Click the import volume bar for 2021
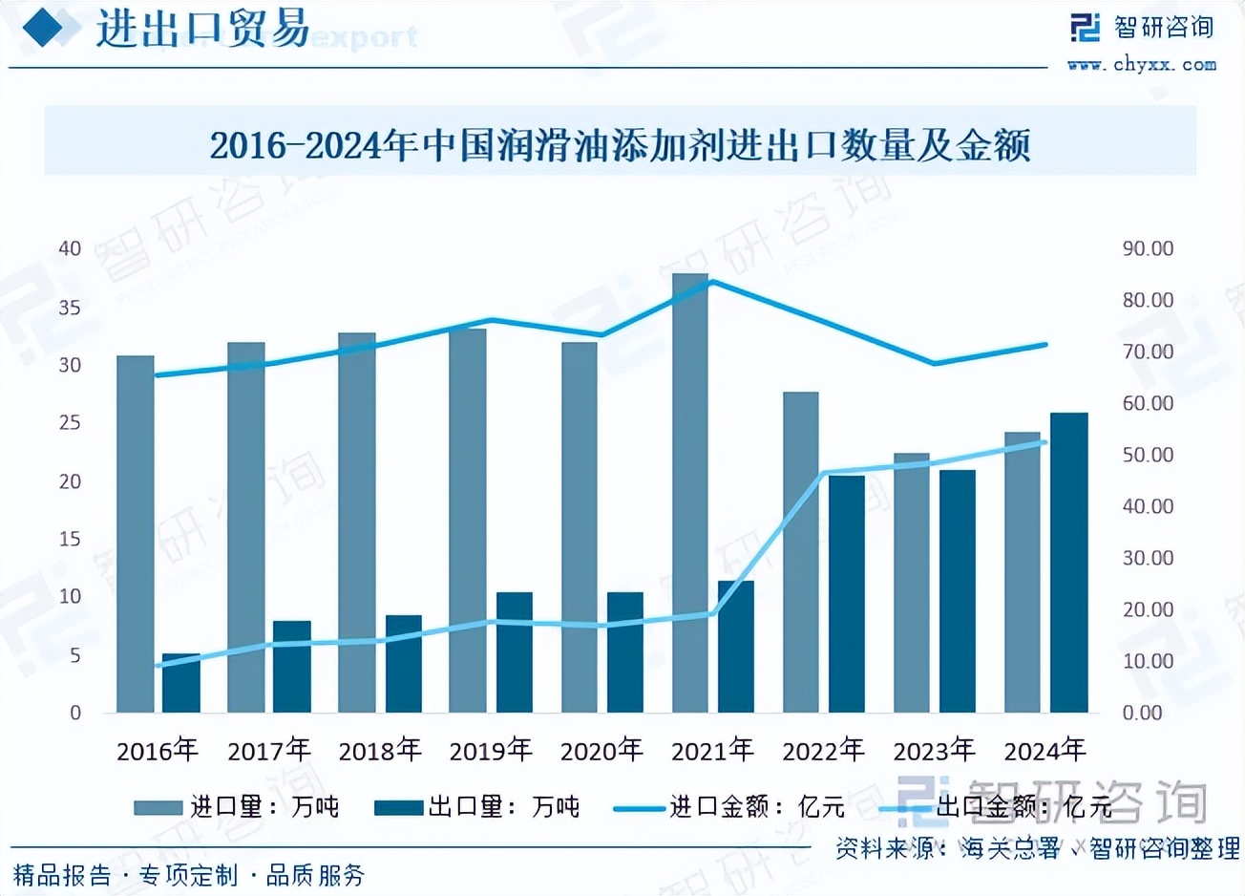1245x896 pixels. click(689, 497)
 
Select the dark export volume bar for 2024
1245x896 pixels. click(1068, 564)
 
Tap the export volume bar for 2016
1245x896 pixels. click(181, 684)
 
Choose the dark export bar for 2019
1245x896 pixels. click(515, 653)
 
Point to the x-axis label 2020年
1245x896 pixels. click(601, 751)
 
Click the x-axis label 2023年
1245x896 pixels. click(934, 751)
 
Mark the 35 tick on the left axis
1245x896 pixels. click(70, 308)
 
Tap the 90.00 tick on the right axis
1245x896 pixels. click(1148, 248)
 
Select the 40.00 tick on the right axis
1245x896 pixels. click(1148, 506)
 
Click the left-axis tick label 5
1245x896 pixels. click(74, 655)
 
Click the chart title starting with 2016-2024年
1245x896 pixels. click(621, 145)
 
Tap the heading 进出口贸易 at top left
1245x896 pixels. click(202, 29)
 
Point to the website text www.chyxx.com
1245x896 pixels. click(1142, 65)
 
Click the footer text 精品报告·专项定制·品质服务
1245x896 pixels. click(189, 874)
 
